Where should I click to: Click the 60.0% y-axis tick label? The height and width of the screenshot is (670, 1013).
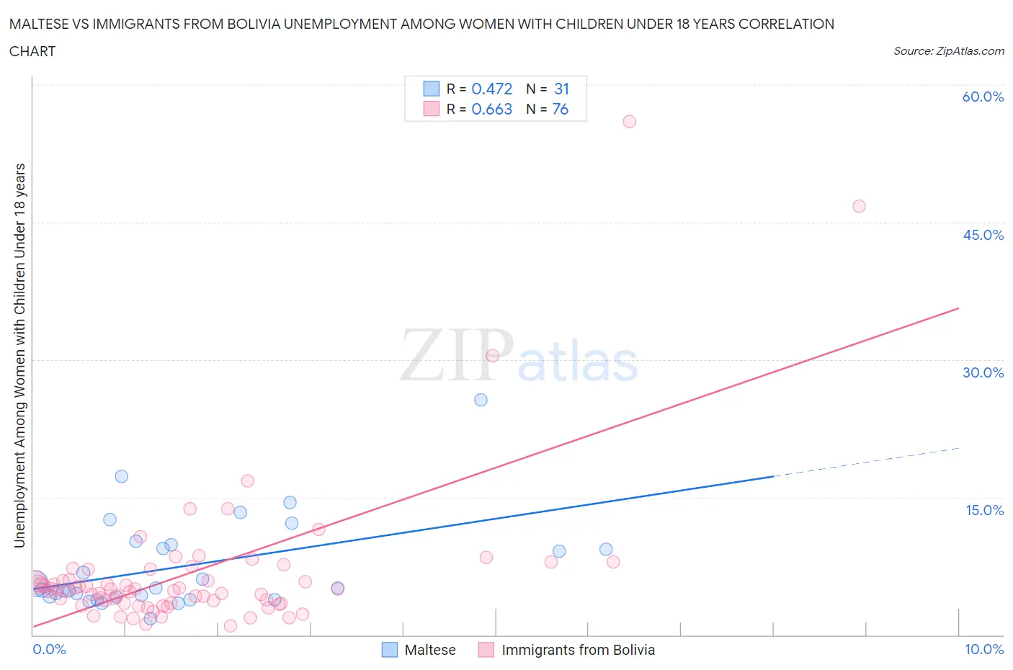983,97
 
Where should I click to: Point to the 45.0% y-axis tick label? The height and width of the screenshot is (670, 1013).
983,235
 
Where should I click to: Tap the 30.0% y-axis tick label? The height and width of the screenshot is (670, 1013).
983,372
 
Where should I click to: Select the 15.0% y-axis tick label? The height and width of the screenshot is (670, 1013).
984,510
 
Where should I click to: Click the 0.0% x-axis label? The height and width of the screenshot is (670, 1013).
49,649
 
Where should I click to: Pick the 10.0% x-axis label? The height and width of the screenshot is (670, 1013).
984,649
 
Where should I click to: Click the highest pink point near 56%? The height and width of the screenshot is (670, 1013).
629,122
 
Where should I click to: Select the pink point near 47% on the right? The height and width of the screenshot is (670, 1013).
859,206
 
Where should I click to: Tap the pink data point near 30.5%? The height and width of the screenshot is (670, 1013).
493,355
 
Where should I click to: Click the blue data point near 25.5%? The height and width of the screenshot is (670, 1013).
481,400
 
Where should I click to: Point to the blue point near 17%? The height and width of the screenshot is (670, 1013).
122,476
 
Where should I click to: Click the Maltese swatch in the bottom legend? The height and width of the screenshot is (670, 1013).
389,650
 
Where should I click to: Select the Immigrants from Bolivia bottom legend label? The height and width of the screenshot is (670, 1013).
578,650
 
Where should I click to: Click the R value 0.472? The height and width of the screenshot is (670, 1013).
491,89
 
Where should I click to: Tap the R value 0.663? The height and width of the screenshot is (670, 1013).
491,109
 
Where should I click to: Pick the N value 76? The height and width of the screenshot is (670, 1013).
560,109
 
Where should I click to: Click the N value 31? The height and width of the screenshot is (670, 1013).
561,89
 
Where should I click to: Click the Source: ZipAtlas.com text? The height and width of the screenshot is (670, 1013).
948,51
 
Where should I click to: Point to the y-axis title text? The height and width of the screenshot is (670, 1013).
19,355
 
